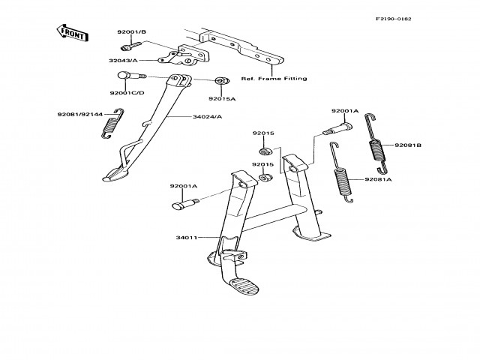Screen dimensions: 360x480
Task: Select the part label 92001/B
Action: click(131, 32)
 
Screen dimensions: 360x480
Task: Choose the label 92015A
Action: click(223, 98)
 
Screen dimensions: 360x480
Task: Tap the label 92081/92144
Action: click(79, 115)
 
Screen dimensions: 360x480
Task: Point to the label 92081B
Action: click(408, 145)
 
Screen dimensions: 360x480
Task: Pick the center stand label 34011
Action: click(186, 238)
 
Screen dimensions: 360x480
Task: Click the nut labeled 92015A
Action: click(221, 81)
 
